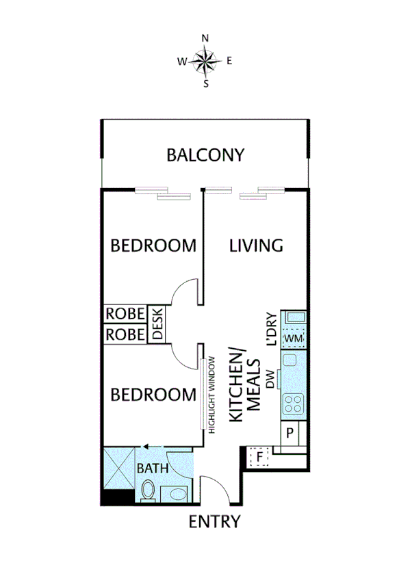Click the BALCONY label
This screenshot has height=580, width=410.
tap(205, 155)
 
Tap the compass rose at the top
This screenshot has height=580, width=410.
tap(205, 62)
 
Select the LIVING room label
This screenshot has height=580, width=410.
tap(256, 246)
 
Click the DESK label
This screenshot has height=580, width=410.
tap(156, 324)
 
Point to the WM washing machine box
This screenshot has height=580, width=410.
tap(294, 339)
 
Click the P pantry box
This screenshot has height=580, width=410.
tap(290, 432)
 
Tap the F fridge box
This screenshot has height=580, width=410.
tap(260, 455)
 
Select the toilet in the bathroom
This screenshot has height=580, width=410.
tap(148, 490)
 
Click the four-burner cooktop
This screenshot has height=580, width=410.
tap(294, 404)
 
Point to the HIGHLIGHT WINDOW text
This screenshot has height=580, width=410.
tap(212, 393)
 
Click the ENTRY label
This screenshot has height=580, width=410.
tap(215, 522)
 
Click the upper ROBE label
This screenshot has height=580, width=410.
tap(125, 314)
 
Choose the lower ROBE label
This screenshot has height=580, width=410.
tap(125, 334)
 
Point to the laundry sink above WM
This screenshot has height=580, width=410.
tap(295, 317)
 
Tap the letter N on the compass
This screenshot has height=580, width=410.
tap(205, 38)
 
